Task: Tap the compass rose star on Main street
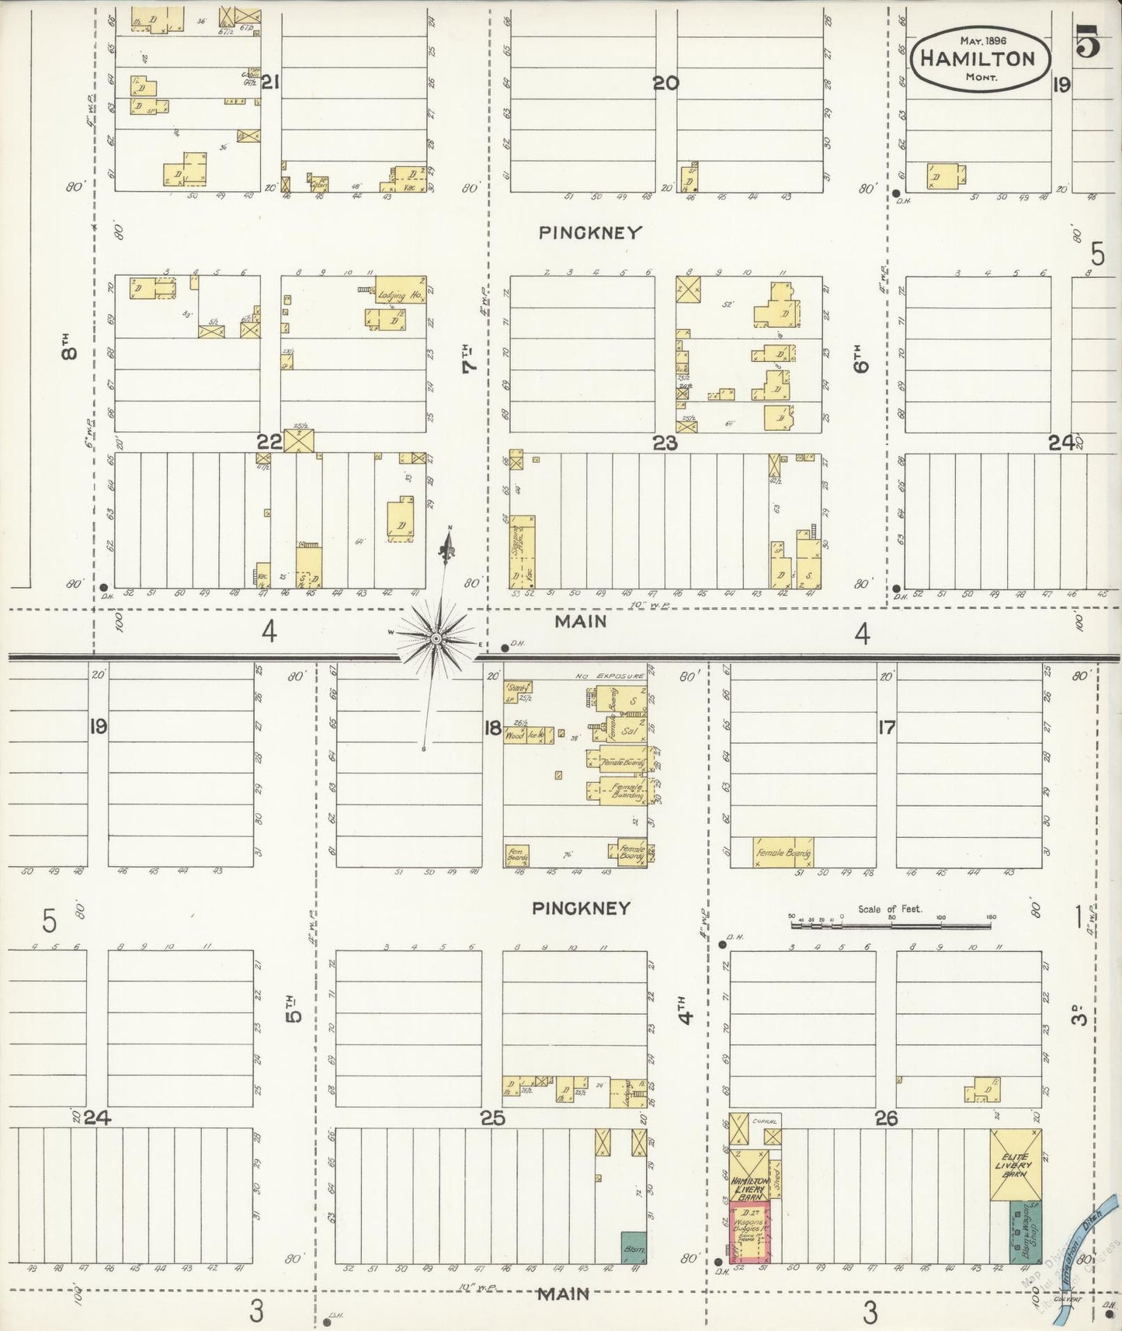point(436,638)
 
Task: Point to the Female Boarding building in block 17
point(783,852)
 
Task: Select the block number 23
point(665,443)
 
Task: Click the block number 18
point(492,728)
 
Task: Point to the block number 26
point(886,1118)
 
